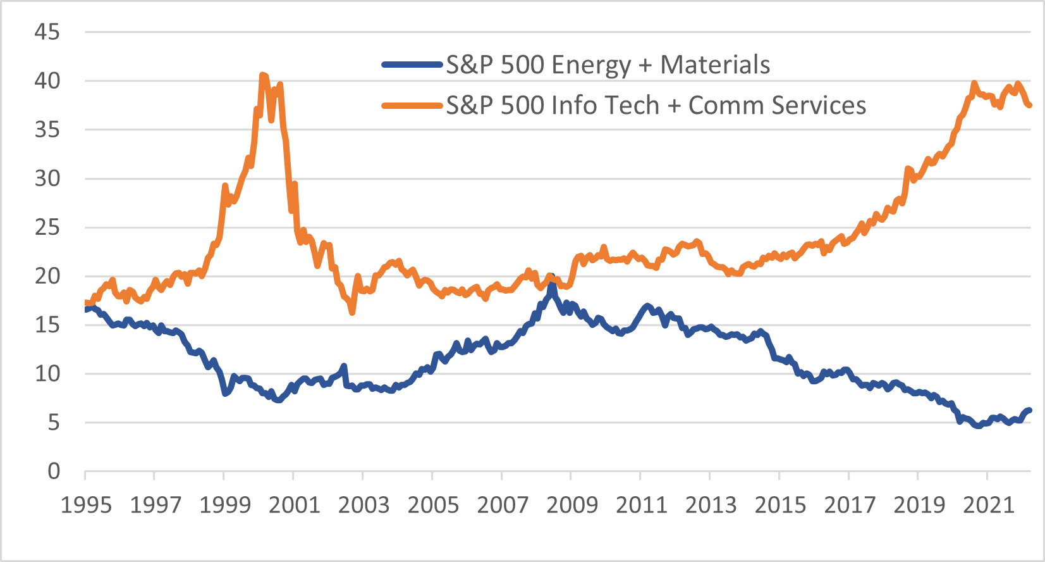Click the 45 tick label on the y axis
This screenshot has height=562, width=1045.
coord(47,32)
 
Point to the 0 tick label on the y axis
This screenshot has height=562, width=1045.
coord(54,471)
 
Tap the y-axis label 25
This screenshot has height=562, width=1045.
coord(47,227)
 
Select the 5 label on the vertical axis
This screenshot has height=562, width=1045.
coord(54,422)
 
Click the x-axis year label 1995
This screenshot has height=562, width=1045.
coord(85,505)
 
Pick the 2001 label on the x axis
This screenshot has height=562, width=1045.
coord(294,505)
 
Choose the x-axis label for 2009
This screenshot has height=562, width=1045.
coord(571,505)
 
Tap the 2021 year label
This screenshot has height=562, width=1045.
coord(988,505)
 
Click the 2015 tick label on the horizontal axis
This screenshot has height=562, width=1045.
coord(780,505)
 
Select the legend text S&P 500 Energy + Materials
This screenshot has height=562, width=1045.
coord(608,65)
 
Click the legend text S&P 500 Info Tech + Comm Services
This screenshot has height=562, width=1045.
coord(656,105)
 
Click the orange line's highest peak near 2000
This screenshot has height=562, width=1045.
coord(263,75)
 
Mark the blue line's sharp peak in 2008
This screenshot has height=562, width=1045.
coord(552,277)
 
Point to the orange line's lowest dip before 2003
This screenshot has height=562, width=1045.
coord(352,312)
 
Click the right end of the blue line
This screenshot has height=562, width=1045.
coord(1029,410)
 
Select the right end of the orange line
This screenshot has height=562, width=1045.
coord(1030,105)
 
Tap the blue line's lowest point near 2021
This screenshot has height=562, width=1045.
coord(978,426)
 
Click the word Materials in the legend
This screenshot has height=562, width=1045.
coord(715,65)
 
